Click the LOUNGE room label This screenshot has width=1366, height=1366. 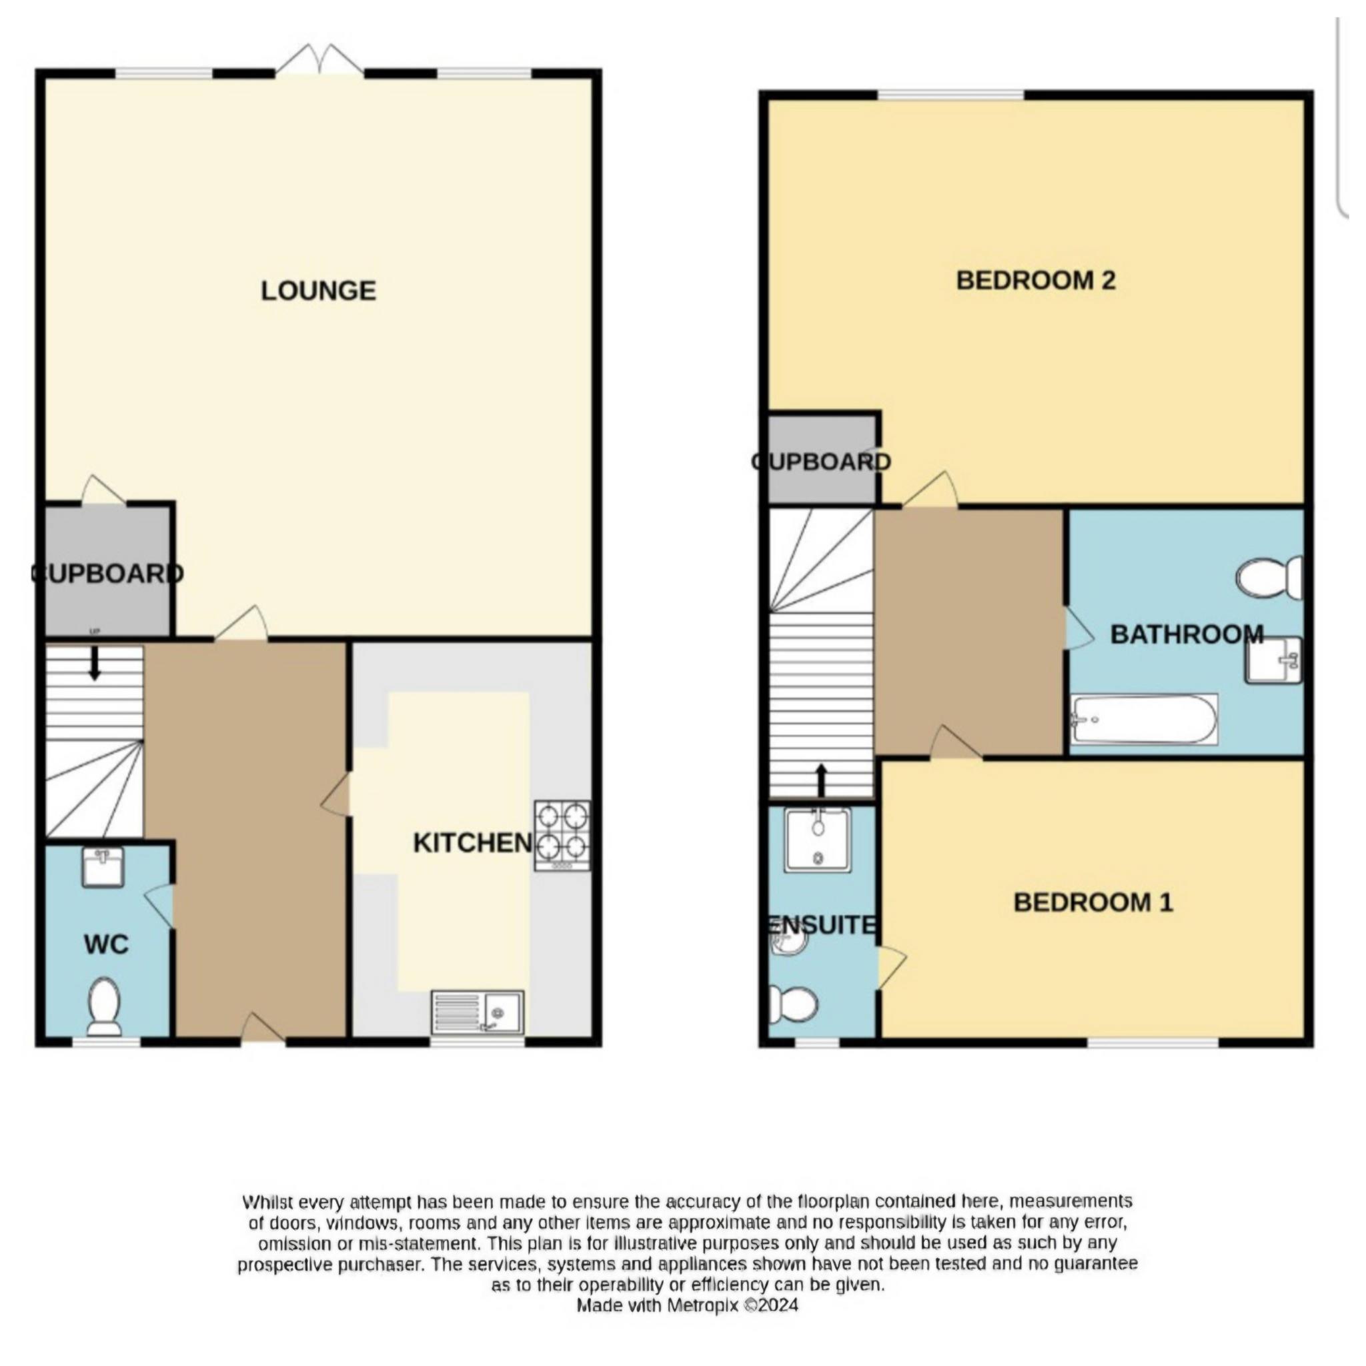tap(318, 291)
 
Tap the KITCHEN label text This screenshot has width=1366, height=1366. tap(472, 843)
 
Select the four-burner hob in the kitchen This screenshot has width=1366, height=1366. tap(563, 835)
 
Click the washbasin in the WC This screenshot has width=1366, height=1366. tap(103, 867)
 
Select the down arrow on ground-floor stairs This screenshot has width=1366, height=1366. tap(94, 664)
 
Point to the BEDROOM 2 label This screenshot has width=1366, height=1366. tap(1036, 281)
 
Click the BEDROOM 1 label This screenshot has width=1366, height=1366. tap(1094, 903)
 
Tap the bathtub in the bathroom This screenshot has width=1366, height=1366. tap(1144, 719)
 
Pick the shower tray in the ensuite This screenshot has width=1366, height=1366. tap(817, 839)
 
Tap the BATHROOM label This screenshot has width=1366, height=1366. tap(1187, 634)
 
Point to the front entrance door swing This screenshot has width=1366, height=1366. tap(263, 1029)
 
